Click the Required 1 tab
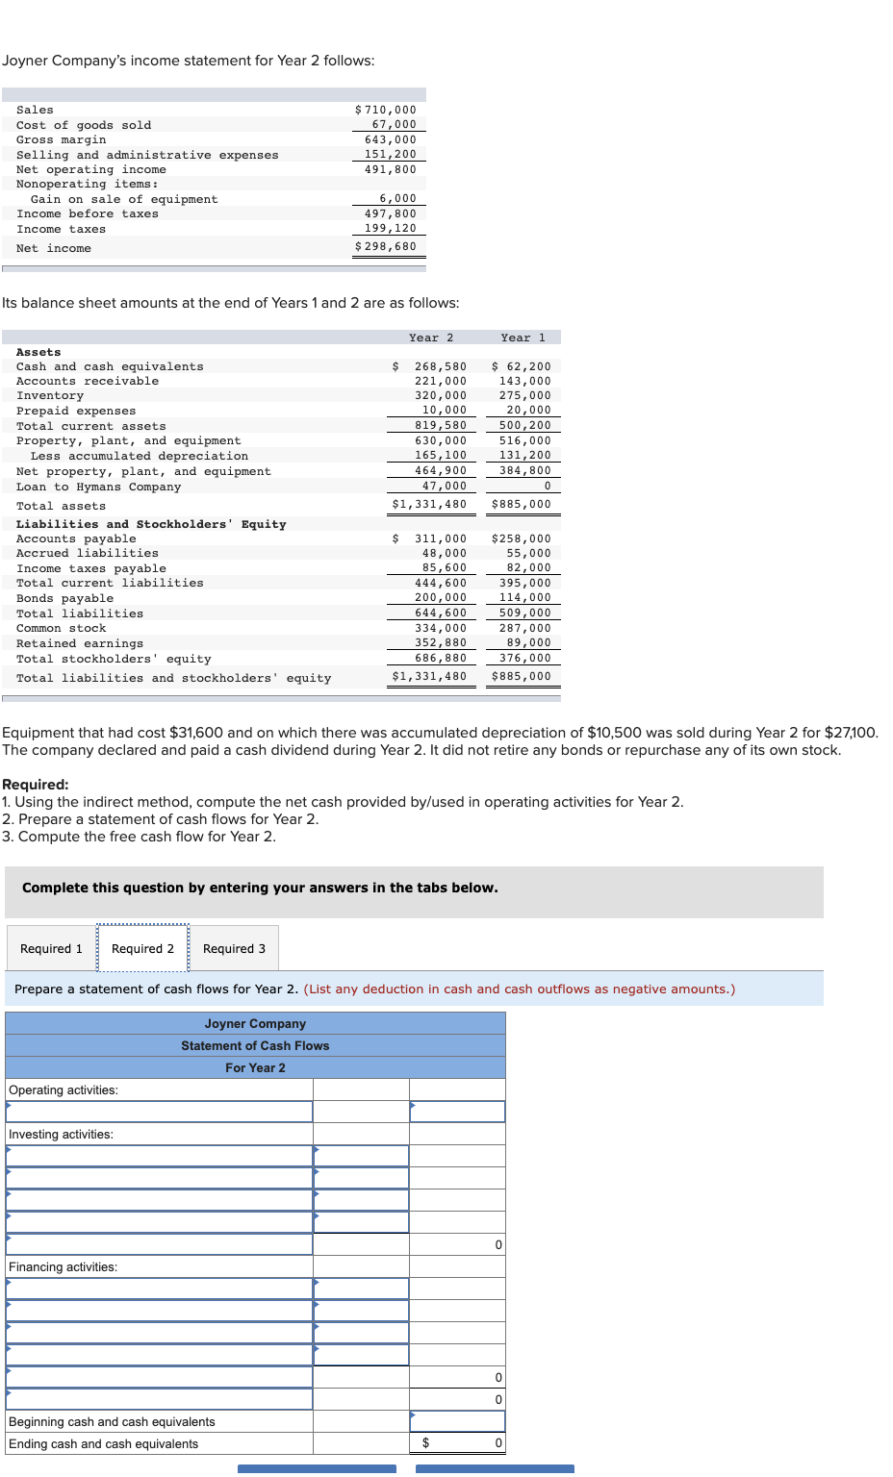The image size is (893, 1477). (51, 948)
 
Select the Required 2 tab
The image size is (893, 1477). (142, 948)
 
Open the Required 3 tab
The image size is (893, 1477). (234, 948)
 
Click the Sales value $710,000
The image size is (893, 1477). (386, 110)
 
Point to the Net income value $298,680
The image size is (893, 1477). (386, 246)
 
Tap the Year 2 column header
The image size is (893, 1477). (430, 338)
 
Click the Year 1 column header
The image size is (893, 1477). (523, 338)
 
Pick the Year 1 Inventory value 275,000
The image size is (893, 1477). (524, 395)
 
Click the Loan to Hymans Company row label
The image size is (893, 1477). (98, 487)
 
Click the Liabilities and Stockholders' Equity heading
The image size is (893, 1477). (151, 524)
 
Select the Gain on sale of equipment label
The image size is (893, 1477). (124, 199)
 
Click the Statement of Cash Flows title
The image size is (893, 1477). (255, 1045)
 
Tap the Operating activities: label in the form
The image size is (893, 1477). (64, 1089)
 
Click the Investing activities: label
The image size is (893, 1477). (61, 1134)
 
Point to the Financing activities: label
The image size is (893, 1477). (63, 1266)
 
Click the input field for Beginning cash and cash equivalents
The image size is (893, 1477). (457, 1421)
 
